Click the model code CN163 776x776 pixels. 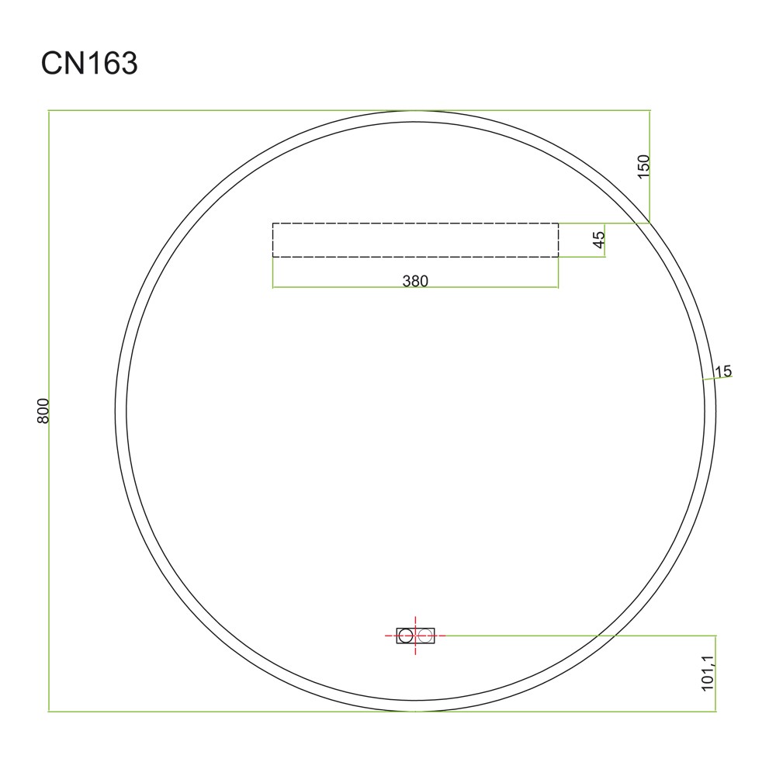pos(89,64)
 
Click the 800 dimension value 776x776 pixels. pos(43,411)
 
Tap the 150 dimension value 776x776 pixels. pos(643,166)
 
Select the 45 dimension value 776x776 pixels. pos(599,240)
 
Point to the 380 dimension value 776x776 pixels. pos(415,281)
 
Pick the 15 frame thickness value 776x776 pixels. pos(723,371)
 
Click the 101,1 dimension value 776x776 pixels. pos(708,673)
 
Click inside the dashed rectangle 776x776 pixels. pos(415,240)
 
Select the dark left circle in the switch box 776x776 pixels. pos(406,636)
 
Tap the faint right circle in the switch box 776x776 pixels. pos(424,636)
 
